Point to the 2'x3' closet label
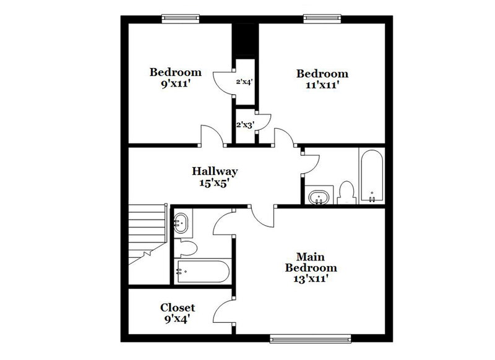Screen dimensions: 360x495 pos(245,124)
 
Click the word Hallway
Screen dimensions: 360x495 pos(215,171)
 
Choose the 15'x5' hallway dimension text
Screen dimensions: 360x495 pos(215,182)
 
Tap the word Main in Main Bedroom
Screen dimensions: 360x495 pos(311,257)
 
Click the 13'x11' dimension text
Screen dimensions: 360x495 pos(311,279)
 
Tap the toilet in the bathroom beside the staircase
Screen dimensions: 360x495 pos(186,248)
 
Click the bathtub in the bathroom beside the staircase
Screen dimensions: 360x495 pos(202,270)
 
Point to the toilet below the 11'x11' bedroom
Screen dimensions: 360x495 pos(347,192)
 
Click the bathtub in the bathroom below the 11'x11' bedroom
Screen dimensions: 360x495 pos(372,176)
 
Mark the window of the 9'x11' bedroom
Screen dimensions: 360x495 pos(179,19)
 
